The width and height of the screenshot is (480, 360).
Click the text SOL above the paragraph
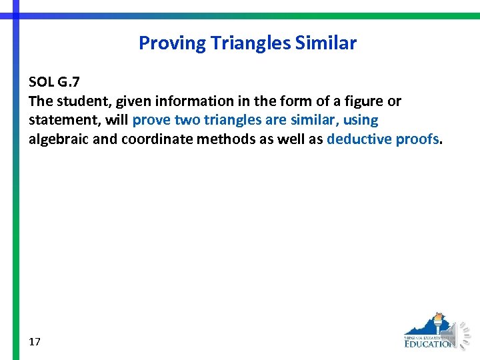[x=41, y=82]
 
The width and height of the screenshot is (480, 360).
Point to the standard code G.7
[x=70, y=82]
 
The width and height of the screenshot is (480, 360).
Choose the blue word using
[x=361, y=121]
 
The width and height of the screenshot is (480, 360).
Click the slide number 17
[x=35, y=342]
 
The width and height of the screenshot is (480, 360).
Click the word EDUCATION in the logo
[x=429, y=344]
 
